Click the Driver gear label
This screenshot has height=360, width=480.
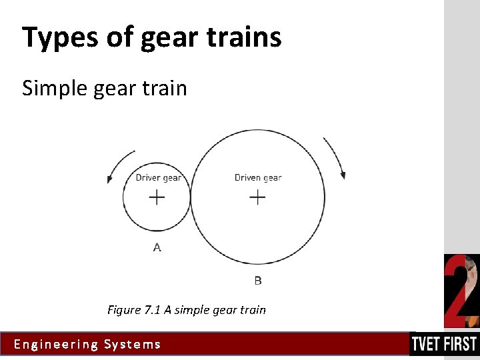[x=158, y=177]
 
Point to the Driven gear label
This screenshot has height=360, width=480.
[x=258, y=177]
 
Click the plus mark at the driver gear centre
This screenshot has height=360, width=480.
[x=157, y=197]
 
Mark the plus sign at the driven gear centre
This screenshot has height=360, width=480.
[x=257, y=197]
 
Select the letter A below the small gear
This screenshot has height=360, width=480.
[x=157, y=247]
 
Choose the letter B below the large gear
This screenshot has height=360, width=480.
[x=258, y=281]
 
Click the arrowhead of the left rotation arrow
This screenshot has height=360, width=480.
[x=109, y=179]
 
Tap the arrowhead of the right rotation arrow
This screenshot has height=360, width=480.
[x=343, y=175]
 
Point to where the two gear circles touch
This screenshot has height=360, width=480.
[x=191, y=197]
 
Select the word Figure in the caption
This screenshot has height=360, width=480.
[x=123, y=310]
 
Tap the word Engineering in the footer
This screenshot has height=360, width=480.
[x=55, y=345]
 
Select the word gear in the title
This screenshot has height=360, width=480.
[x=165, y=37]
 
